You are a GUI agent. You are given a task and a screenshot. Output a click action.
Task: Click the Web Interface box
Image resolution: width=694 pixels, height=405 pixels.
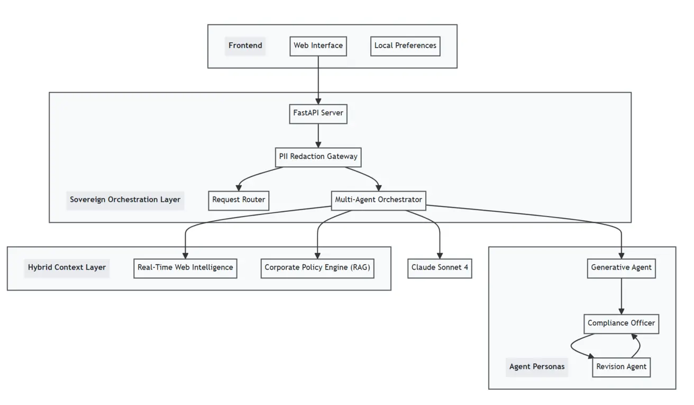click(x=318, y=46)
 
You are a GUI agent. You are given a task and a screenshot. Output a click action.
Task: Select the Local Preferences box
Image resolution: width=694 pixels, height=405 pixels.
click(x=405, y=46)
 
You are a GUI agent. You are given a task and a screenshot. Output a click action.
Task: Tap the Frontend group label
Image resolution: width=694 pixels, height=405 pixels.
click(x=245, y=46)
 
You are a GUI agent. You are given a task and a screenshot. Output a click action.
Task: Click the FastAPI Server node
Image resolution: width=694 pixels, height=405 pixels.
click(x=318, y=113)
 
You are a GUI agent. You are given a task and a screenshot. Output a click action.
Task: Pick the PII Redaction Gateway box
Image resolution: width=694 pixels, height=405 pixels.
click(x=318, y=157)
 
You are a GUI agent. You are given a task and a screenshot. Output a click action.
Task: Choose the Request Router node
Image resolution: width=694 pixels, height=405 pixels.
click(x=239, y=200)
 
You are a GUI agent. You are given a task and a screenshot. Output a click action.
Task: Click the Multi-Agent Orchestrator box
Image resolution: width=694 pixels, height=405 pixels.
click(x=378, y=200)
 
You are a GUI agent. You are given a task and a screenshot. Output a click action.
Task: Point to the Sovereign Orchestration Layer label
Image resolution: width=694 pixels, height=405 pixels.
click(x=125, y=200)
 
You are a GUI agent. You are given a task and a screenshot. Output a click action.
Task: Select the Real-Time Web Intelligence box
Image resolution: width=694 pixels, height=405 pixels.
click(x=185, y=268)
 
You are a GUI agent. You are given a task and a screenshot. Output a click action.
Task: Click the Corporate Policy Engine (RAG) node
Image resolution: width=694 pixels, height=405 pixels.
click(x=317, y=268)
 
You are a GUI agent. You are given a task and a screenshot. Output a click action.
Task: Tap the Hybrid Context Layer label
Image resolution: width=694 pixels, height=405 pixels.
click(x=67, y=268)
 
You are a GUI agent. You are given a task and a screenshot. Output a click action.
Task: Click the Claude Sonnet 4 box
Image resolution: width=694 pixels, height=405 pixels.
click(x=440, y=268)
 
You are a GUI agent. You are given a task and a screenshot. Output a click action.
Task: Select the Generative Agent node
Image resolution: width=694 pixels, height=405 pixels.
click(x=621, y=268)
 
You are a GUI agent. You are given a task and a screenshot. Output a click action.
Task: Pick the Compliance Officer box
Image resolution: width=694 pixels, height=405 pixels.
click(x=621, y=323)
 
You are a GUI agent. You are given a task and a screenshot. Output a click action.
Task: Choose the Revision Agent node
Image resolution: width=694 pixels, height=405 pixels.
click(x=621, y=367)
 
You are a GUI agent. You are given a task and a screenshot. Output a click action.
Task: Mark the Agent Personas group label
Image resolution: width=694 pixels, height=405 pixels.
click(x=536, y=367)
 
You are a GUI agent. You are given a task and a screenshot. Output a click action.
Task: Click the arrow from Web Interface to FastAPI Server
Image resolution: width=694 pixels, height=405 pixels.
click(x=318, y=79)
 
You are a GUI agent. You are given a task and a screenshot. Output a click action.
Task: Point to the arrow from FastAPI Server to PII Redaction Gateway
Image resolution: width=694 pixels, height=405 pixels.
click(x=318, y=135)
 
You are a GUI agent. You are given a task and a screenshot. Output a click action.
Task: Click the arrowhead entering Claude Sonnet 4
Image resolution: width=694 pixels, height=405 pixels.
click(x=440, y=255)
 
